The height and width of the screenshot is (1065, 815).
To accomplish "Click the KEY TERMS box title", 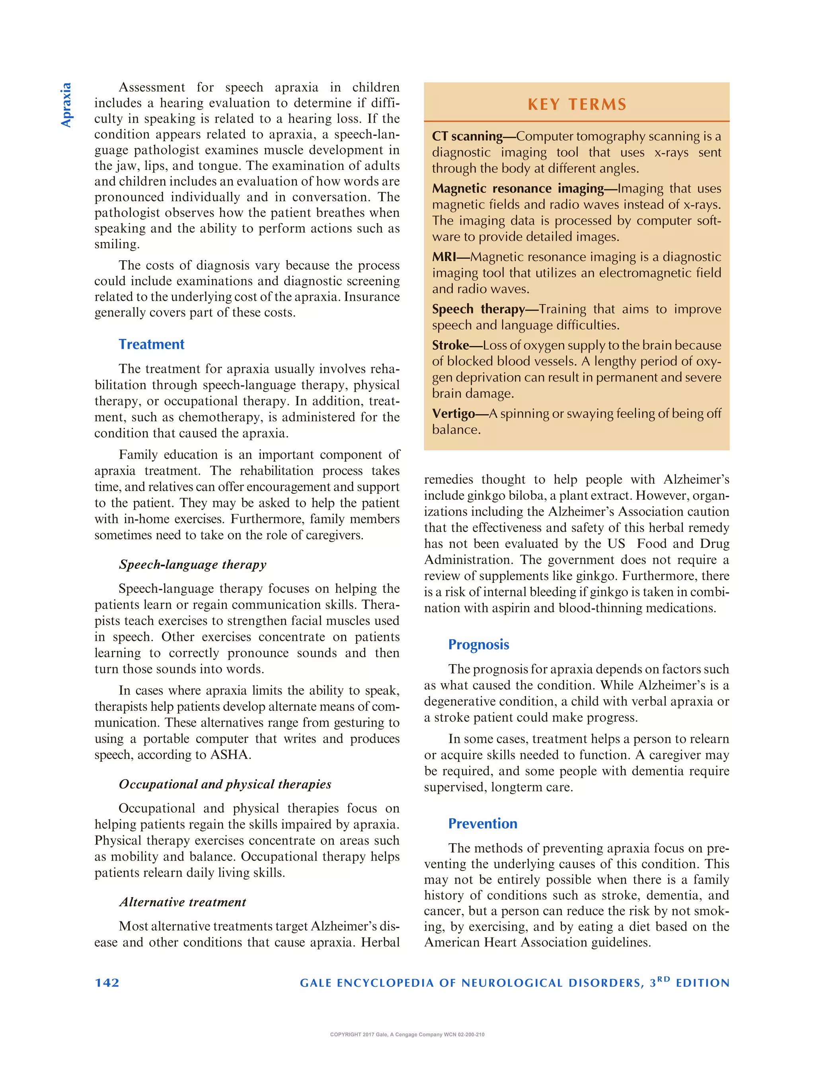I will tap(577, 104).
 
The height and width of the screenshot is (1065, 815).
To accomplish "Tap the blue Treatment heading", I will tap(151, 345).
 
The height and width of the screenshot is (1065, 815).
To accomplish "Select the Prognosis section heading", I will tap(478, 644).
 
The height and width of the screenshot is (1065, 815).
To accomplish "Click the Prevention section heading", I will tap(482, 824).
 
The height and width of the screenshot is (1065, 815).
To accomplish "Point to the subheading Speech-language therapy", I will tap(193, 565).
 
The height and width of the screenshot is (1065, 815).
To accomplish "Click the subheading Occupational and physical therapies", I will tap(224, 784).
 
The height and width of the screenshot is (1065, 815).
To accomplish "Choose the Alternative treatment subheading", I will tap(182, 902).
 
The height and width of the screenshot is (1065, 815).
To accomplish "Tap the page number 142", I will tap(107, 983).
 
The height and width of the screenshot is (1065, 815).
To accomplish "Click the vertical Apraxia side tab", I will tap(66, 105).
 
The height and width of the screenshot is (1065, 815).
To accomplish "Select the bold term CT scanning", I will tap(467, 136).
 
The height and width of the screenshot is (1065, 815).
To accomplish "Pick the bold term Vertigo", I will tap(453, 414).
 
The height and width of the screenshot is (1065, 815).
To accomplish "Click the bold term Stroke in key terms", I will tap(450, 345).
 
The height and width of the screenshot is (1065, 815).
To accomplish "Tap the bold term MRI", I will tap(444, 257).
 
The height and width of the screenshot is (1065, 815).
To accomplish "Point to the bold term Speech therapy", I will tap(478, 310).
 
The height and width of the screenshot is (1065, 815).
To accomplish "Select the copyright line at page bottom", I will tap(407, 1034).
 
